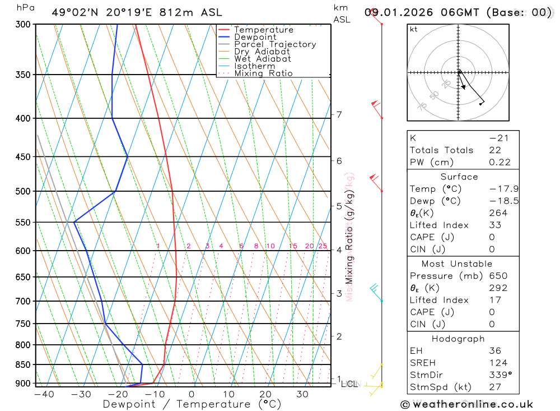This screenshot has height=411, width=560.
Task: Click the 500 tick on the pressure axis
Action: [x=23, y=191]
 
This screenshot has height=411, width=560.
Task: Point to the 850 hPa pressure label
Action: [x=23, y=364]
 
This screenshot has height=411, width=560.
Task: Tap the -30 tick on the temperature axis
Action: [x=81, y=394]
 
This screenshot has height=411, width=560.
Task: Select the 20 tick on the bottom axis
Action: [x=265, y=394]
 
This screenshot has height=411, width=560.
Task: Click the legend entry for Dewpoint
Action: [x=255, y=37]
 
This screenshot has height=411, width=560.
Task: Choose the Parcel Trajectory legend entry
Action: [x=274, y=44]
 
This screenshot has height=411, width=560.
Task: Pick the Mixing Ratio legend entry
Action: [x=263, y=73]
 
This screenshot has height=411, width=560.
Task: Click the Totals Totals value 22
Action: [x=495, y=150]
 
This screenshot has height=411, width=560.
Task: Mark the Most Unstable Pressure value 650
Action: [x=498, y=276]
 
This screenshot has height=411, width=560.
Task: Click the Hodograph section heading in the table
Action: [x=459, y=339]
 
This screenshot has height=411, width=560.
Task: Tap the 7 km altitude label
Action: [x=339, y=114]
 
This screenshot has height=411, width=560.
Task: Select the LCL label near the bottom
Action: [x=348, y=384]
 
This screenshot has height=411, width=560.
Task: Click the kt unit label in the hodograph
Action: [x=414, y=29]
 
